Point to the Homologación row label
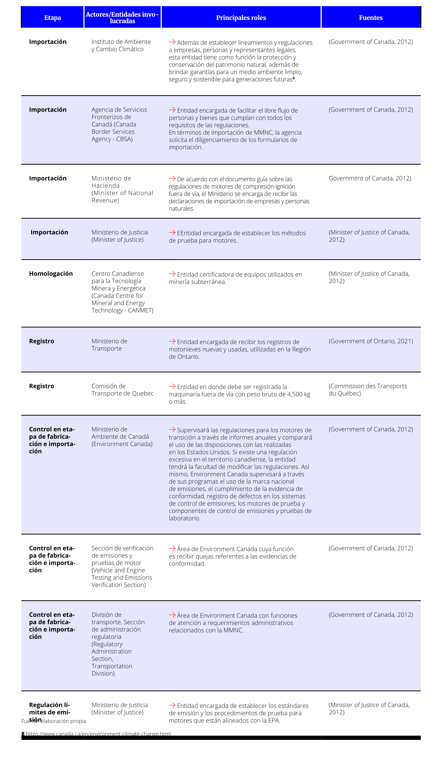[x=51, y=273]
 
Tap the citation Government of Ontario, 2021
[x=371, y=341]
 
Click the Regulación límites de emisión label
[x=50, y=712]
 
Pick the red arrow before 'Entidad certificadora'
[x=172, y=274]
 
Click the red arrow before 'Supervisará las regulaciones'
[x=172, y=429]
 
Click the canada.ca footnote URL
[x=98, y=734]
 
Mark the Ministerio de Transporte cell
[x=109, y=345]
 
